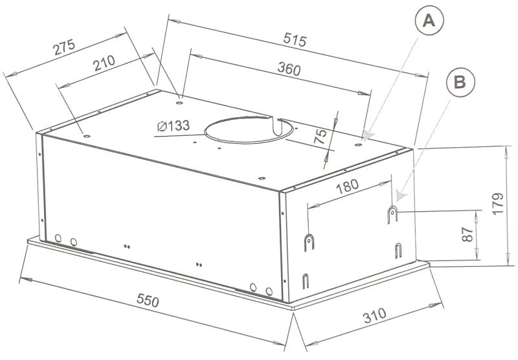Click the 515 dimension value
coord(295,40)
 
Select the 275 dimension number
coord(64,47)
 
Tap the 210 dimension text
coord(104,63)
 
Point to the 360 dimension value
coord(289,69)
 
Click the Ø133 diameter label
coord(174,126)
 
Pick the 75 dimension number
coord(320,136)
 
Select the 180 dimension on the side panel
coord(347,186)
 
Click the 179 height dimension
coord(497,204)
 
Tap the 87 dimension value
coord(467,234)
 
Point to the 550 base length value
coord(148,300)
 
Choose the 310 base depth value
coord(374,315)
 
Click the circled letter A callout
coord(429,21)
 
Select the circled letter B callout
coord(460,82)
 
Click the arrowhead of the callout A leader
coord(367,135)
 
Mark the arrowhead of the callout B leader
coord(401,196)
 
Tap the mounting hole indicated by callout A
coord(359,144)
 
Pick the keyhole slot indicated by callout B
coord(392,214)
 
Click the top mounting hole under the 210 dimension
coord(87,136)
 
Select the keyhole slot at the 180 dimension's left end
coord(309,242)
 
